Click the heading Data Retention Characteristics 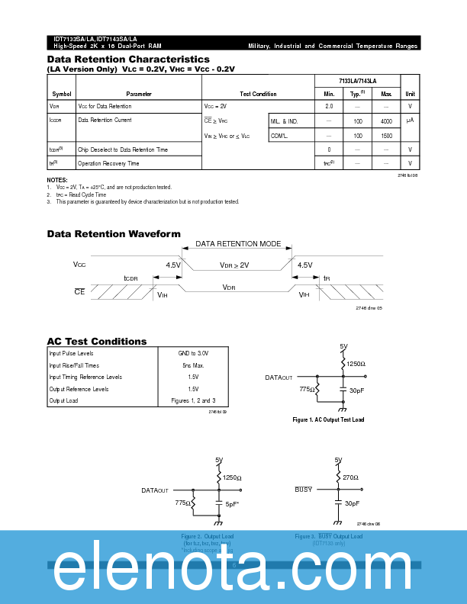(128, 59)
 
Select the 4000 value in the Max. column (386, 121)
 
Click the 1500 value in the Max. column (386, 136)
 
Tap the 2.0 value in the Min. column (329, 107)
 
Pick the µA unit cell (410, 120)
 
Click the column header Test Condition (258, 94)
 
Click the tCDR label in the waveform (131, 278)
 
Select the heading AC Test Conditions (97, 342)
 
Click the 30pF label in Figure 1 (356, 390)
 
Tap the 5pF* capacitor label (232, 504)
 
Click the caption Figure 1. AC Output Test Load (328, 420)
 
